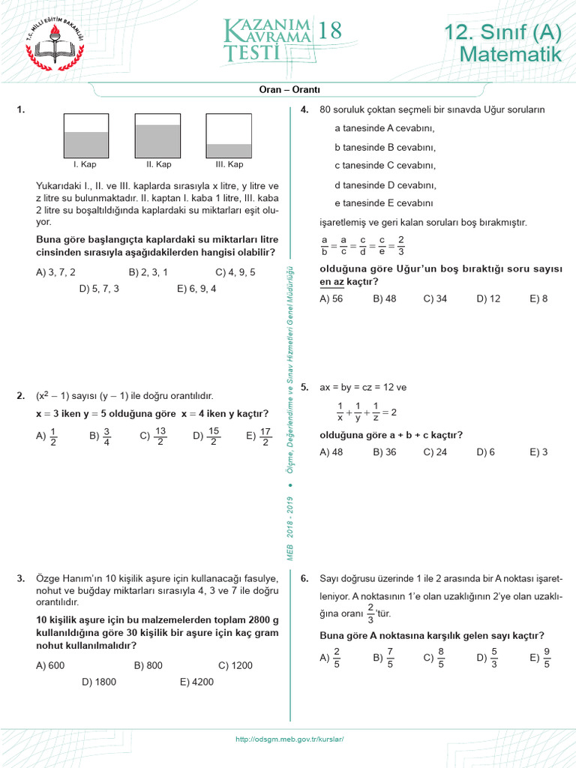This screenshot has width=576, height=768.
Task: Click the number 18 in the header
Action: pyautogui.click(x=329, y=31)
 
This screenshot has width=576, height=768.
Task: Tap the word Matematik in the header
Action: pyautogui.click(x=510, y=54)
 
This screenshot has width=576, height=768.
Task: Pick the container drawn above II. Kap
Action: pyautogui.click(x=157, y=136)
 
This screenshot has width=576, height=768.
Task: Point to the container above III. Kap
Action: pyautogui.click(x=229, y=136)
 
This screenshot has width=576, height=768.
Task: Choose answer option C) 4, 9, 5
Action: pyautogui.click(x=235, y=272)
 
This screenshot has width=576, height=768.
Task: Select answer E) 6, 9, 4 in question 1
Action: pyautogui.click(x=196, y=288)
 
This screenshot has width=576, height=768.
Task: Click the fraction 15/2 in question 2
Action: pyautogui.click(x=214, y=436)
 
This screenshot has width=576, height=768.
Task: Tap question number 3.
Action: pyautogui.click(x=20, y=578)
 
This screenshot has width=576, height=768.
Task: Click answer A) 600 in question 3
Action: pyautogui.click(x=50, y=665)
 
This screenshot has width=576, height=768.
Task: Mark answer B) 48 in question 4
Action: pyautogui.click(x=384, y=298)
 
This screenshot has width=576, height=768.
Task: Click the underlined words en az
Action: pyautogui.click(x=331, y=281)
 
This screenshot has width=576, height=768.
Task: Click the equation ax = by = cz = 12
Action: pyautogui.click(x=362, y=388)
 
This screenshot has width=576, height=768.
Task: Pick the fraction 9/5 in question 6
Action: pyautogui.click(x=547, y=658)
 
